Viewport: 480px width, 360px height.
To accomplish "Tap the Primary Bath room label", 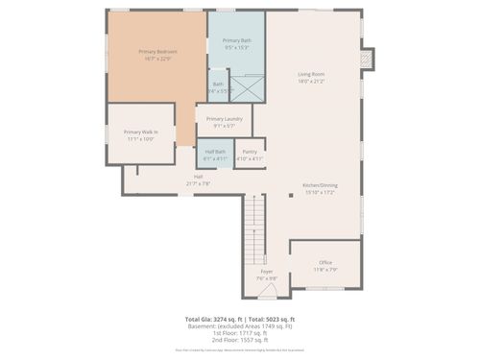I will tap(236, 43).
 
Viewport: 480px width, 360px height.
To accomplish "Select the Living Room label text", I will tap(310, 78).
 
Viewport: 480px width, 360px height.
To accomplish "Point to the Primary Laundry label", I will tap(224, 122).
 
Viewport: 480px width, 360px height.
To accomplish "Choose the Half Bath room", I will tap(215, 155).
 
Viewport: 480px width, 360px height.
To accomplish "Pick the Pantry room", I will tap(249, 155).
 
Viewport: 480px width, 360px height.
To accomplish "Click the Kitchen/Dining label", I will tap(319, 189).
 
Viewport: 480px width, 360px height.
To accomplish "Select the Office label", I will tap(325, 265).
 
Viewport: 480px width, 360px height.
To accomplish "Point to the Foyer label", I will tap(267, 275).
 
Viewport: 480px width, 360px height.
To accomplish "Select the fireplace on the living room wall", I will tap(365, 60).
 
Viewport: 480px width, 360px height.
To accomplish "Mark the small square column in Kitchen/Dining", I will tap(291, 196).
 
